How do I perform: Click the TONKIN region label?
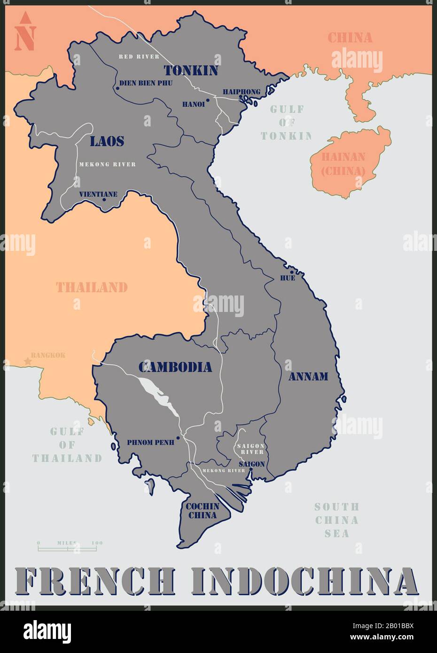[x=191, y=70]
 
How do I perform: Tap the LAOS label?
[x=107, y=141]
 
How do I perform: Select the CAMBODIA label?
[x=175, y=367]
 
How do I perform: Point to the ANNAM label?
[x=308, y=376]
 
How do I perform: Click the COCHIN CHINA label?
[x=203, y=511]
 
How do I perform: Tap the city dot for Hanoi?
[x=208, y=100]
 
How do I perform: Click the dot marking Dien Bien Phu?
[x=117, y=88]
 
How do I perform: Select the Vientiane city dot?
[x=104, y=200]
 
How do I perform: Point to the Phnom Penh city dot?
[x=178, y=438]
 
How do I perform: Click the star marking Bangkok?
[x=27, y=362]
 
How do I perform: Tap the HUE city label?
[x=287, y=278]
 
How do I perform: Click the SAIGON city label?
[x=251, y=464]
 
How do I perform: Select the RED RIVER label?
[x=139, y=56]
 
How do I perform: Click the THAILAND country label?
[x=92, y=287]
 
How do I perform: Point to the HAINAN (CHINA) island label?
[x=343, y=164]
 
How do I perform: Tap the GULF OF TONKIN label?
[x=287, y=123]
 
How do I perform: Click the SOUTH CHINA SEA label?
[x=336, y=520]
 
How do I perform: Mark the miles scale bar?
[x=67, y=548]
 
